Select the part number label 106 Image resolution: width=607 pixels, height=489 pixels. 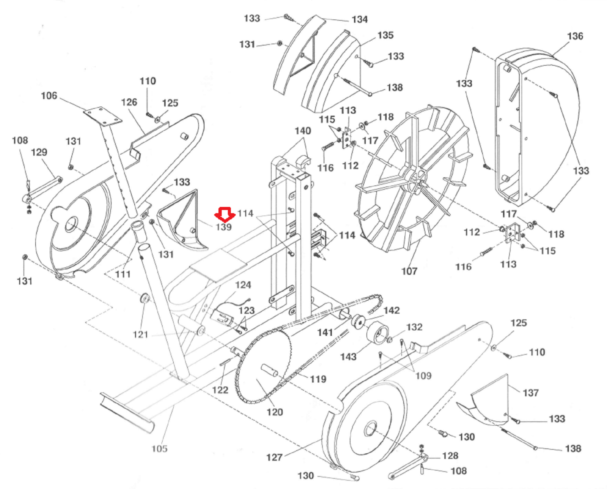49,96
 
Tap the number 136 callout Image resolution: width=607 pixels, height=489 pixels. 575,36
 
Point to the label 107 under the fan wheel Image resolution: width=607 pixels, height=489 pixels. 409,271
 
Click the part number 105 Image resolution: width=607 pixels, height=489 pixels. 159,449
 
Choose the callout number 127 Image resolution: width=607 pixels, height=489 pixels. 274,457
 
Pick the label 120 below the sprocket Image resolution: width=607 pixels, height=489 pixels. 275,412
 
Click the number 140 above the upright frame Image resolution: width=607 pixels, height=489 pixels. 303,131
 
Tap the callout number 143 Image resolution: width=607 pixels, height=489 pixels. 348,357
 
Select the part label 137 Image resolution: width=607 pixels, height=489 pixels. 531,393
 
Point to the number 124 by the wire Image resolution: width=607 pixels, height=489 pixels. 243,285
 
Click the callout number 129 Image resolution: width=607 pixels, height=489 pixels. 39,153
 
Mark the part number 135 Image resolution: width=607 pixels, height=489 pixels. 385,35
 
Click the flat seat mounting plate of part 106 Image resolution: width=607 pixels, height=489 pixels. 103,116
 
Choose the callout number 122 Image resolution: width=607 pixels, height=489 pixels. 220,390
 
